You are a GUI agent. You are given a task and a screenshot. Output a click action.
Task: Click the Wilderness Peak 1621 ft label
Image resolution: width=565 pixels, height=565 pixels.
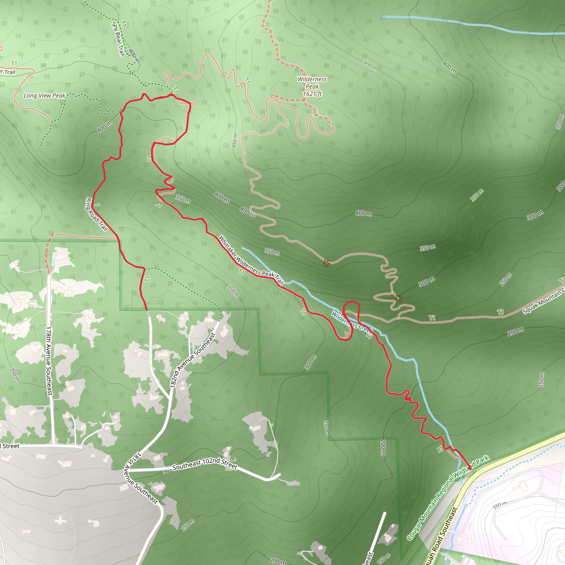[312, 87]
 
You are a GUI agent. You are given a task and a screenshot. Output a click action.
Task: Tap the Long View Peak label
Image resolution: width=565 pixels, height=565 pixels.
[44, 96]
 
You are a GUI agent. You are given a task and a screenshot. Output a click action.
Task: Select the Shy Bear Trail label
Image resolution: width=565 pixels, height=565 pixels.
[118, 39]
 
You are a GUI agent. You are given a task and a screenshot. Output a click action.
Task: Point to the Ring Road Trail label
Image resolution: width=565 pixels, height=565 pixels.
[97, 214]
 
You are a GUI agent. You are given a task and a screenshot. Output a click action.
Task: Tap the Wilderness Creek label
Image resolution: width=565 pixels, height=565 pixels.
[351, 323]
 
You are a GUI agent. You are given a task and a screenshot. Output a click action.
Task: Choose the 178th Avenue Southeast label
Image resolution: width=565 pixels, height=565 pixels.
[49, 361]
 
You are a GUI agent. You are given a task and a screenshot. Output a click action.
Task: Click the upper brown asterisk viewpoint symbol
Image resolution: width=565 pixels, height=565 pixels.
[326, 263]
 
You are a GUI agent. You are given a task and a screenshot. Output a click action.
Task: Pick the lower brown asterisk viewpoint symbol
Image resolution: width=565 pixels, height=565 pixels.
[398, 299]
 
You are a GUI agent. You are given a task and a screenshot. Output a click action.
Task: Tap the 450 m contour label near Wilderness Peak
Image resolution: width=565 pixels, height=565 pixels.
[371, 66]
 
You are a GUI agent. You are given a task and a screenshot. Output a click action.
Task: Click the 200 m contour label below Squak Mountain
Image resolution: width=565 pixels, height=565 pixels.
[515, 332]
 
